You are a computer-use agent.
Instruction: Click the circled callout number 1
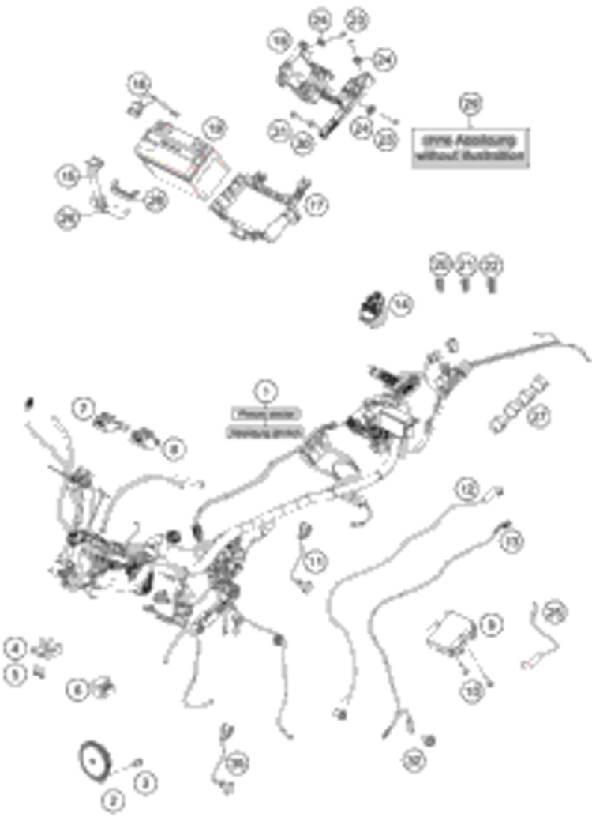coord(266,389)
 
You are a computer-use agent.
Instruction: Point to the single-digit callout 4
coord(14,649)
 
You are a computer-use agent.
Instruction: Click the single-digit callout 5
coord(14,674)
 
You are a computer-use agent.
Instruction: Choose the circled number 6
coord(76,688)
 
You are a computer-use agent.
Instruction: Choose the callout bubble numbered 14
coord(402,303)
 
